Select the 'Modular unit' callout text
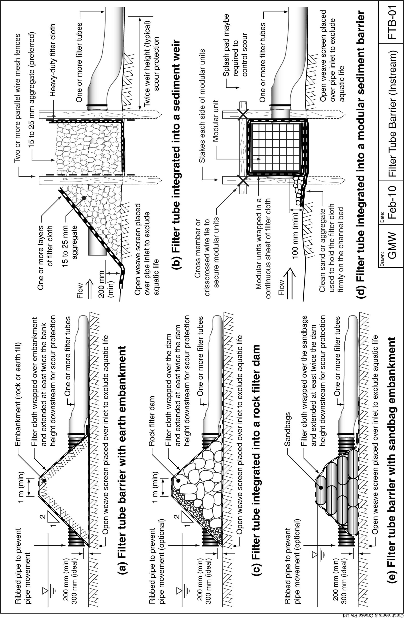click(x=216, y=121)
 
